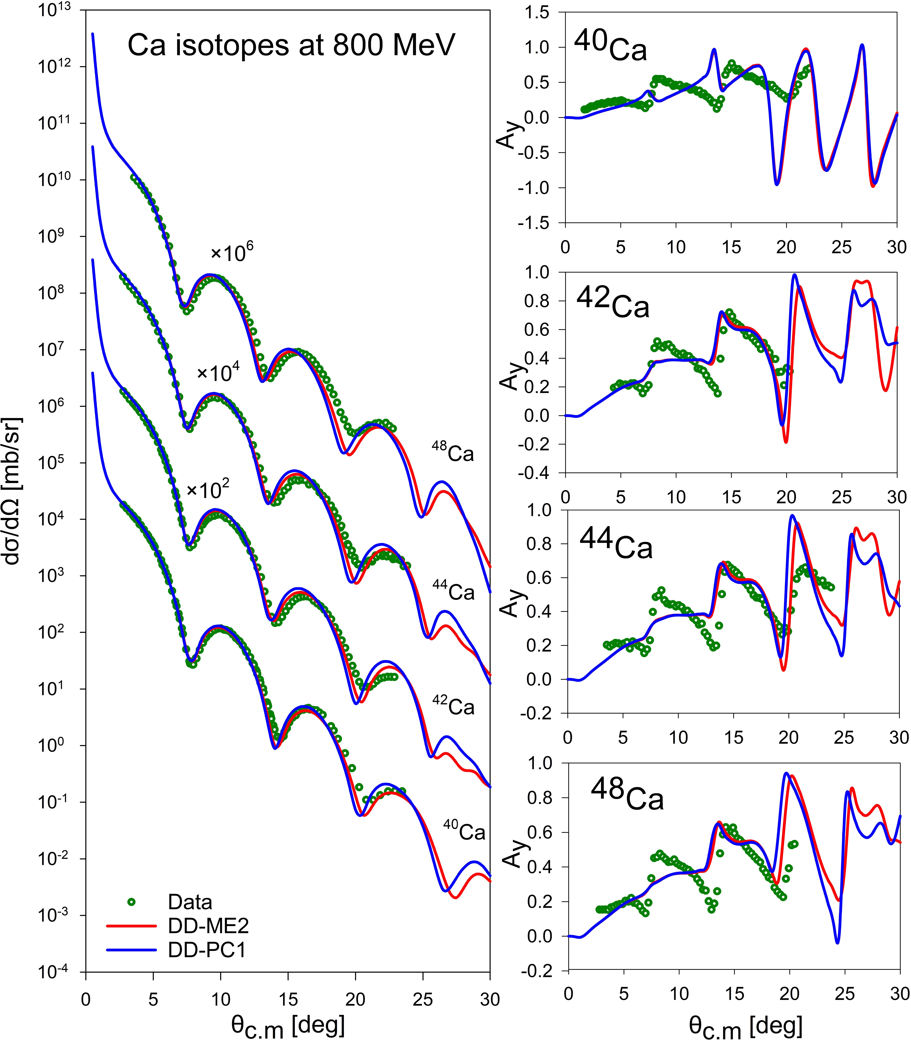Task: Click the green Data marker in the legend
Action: point(131,902)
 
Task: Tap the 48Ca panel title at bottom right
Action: point(627,795)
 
